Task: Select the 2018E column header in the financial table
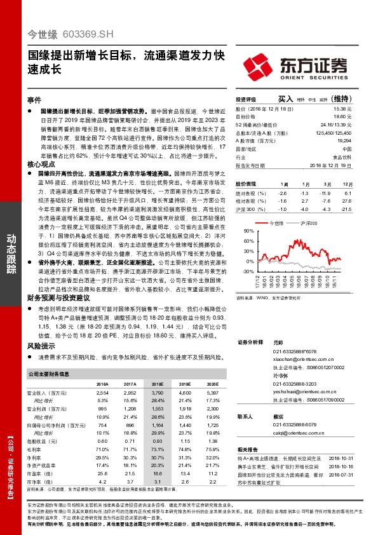click(157, 384)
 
